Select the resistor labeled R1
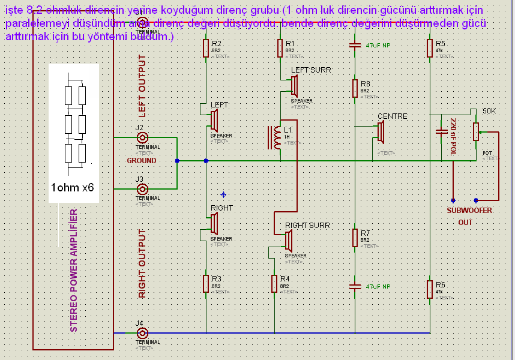(280, 48)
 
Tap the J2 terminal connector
(143, 137)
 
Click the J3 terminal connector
(143, 188)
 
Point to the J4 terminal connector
(143, 333)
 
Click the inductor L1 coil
(277, 138)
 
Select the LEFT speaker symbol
(213, 120)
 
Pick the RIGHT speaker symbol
(213, 223)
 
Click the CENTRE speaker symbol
(380, 132)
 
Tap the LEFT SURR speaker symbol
(294, 86)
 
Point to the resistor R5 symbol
(430, 48)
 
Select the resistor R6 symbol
(430, 289)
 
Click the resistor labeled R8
(355, 88)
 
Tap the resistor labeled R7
(355, 237)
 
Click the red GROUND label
(142, 161)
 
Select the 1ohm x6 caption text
(73, 188)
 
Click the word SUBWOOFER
(469, 211)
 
